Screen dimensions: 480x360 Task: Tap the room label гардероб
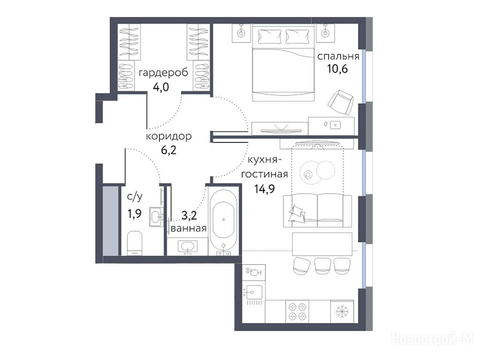point(164,74)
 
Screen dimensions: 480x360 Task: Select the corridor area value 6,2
point(169,150)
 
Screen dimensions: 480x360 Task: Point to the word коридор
point(169,136)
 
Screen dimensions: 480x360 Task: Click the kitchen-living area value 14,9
point(264,188)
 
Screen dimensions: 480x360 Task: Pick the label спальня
point(338,56)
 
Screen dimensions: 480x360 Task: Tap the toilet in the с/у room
point(135,243)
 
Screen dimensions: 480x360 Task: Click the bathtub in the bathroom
point(224,219)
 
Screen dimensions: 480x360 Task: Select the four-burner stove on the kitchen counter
point(297,311)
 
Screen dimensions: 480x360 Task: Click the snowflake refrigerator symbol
point(342,311)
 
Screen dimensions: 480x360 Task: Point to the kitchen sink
point(254,292)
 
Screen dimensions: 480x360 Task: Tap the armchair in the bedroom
point(340,102)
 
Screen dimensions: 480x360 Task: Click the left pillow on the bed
point(270,37)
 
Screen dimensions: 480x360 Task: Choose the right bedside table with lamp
point(325,32)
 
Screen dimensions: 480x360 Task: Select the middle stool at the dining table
point(322,266)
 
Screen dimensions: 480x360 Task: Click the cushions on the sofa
point(296,213)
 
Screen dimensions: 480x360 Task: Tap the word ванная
point(188,228)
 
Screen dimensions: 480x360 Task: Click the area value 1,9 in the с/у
point(135,213)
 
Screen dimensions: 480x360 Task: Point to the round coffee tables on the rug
point(317,172)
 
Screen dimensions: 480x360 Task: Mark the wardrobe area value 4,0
point(161,88)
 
